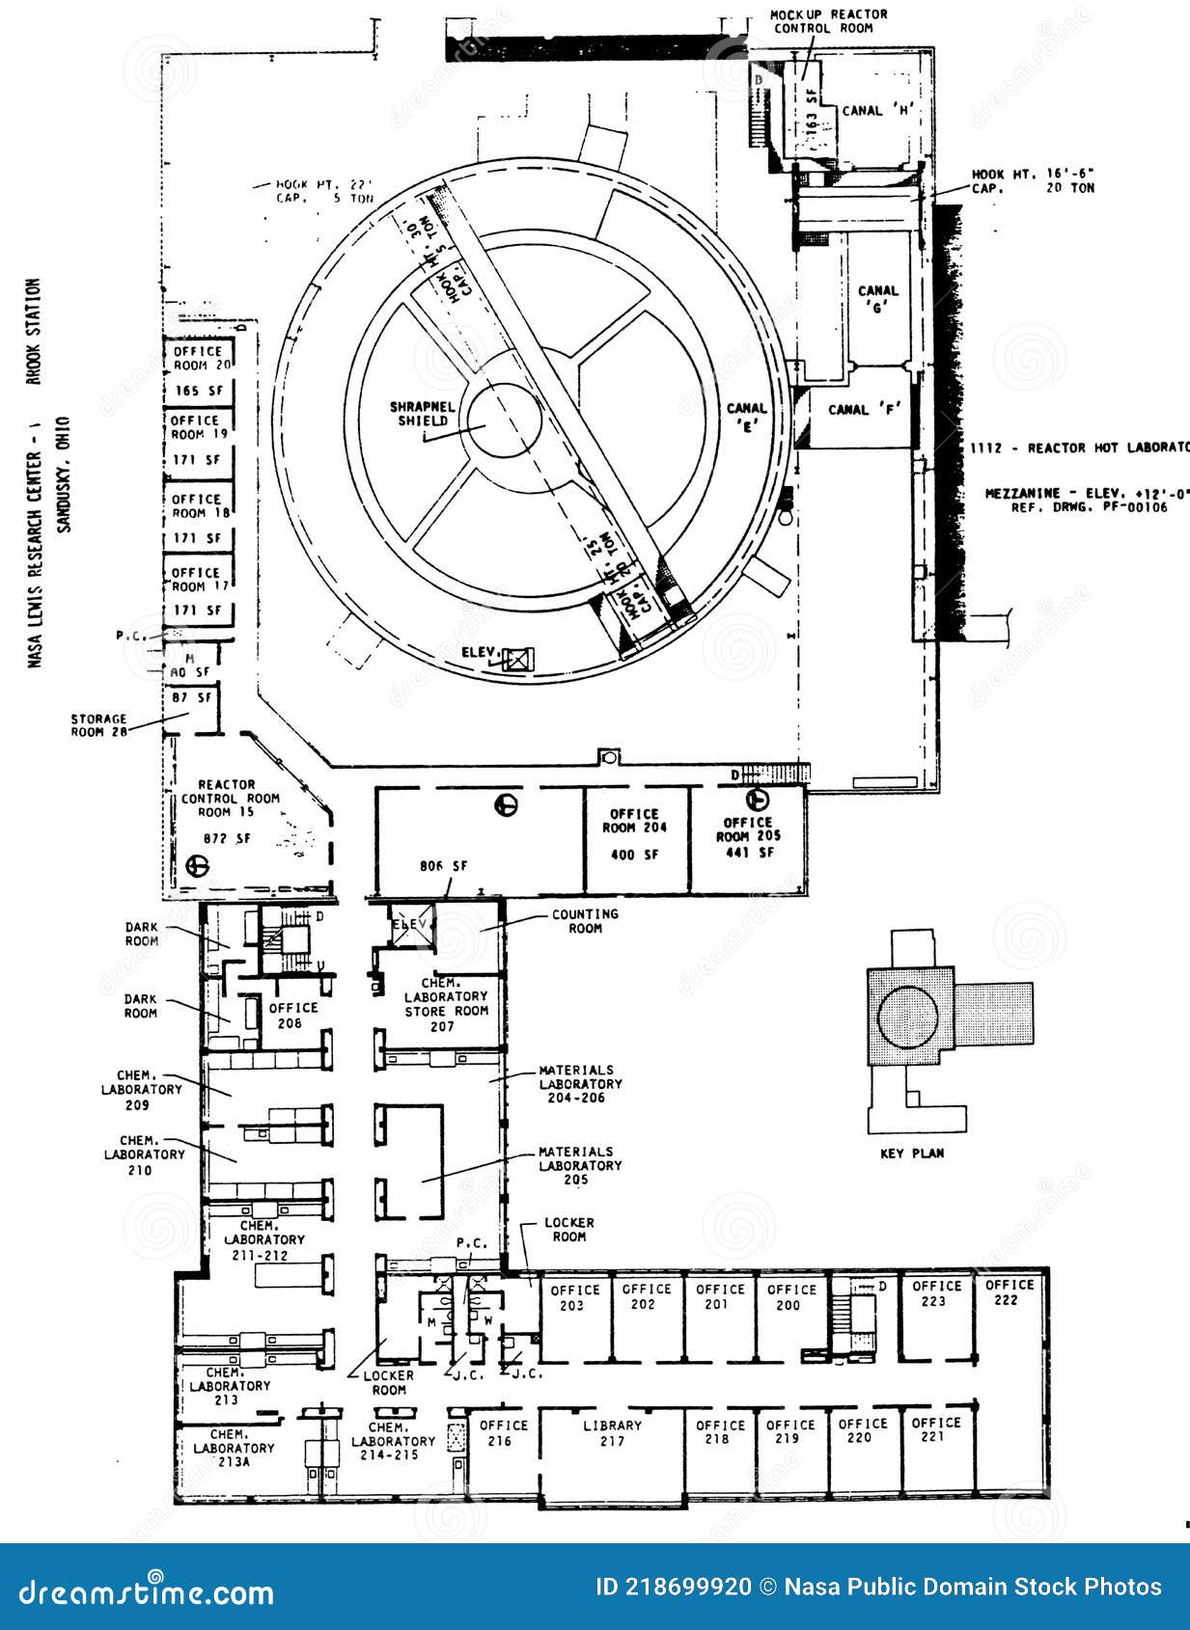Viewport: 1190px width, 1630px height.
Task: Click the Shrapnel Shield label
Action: click(422, 414)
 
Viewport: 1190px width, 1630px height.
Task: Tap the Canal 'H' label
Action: click(876, 111)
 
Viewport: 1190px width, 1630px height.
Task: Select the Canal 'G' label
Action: click(878, 300)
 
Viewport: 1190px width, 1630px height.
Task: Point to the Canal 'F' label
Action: click(864, 410)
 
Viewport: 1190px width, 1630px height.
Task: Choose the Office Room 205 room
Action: click(749, 838)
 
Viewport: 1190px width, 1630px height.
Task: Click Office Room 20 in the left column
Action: click(202, 359)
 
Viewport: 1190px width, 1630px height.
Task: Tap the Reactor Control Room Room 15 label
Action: click(230, 799)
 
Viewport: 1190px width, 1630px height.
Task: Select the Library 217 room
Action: click(612, 1433)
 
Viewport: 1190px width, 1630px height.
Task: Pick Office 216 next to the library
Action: click(503, 1433)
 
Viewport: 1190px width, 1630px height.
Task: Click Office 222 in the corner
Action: click(1010, 1292)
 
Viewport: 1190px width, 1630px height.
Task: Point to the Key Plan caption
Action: click(912, 1154)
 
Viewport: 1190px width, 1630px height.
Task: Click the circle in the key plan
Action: click(907, 1017)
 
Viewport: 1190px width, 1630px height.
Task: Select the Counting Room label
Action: click(585, 921)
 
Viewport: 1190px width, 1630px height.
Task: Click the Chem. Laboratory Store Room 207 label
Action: click(446, 1004)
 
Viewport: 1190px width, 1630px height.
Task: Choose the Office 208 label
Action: click(292, 1015)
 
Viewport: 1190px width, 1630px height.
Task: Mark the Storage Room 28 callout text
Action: click(98, 725)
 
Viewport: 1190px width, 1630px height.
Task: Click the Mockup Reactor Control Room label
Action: click(828, 21)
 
